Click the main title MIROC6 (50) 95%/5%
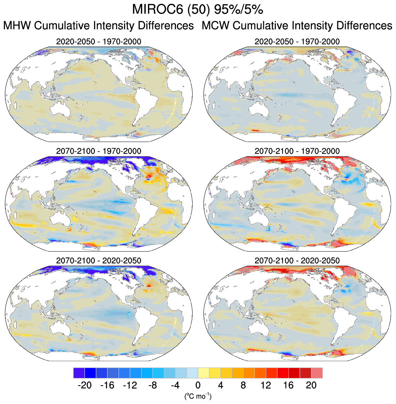point(198,9)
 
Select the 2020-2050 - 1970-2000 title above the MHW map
point(99,42)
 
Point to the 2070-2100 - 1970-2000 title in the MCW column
point(297,151)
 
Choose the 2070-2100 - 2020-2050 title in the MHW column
point(99,260)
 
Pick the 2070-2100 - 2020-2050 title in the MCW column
point(297,260)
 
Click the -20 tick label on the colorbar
point(84,385)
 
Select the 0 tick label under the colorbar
point(198,385)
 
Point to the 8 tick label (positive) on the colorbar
point(243,385)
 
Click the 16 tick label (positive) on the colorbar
point(288,385)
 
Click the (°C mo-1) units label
point(198,396)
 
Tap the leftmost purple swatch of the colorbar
point(78,373)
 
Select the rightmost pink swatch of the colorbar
point(317,373)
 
